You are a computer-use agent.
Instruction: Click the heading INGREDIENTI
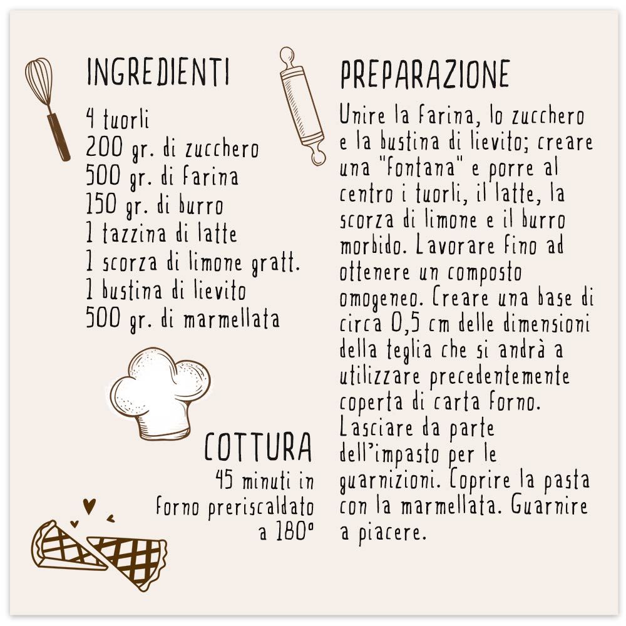coord(158,73)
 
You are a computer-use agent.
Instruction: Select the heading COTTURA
coord(258,447)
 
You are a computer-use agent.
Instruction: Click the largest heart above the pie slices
coord(90,505)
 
